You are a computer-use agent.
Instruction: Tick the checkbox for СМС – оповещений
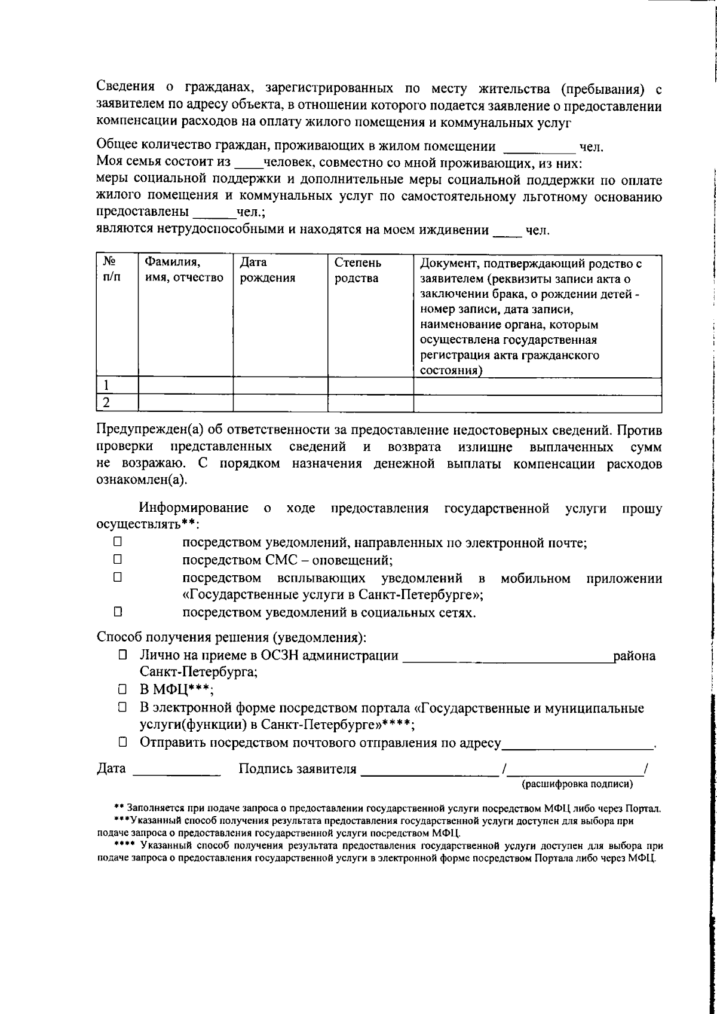(118, 560)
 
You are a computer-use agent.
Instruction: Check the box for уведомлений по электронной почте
(118, 543)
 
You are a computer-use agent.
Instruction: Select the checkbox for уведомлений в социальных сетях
(118, 612)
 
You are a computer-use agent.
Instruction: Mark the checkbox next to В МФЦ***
(122, 689)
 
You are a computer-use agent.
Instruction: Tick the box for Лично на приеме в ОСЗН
(122, 655)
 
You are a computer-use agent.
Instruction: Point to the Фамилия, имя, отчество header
(185, 270)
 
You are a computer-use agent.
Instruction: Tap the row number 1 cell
(117, 386)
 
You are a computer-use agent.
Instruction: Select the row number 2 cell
(117, 404)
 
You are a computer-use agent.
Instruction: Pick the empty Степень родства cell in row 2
(370, 404)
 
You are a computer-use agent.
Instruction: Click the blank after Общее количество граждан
(538, 148)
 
